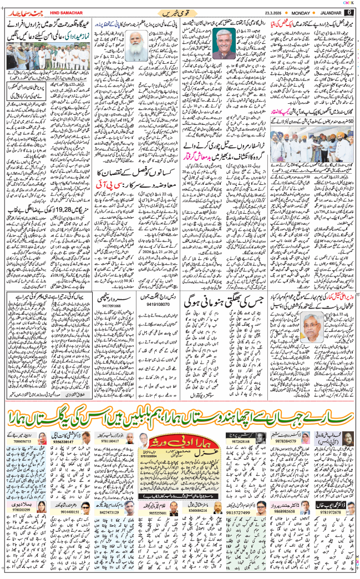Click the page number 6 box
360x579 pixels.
(350, 12)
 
